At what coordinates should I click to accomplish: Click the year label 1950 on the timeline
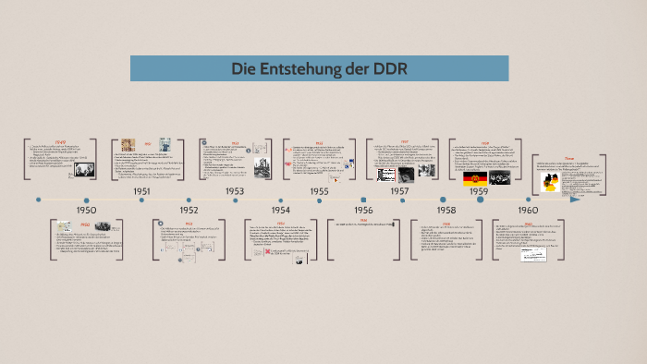(x=86, y=210)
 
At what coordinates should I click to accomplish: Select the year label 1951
(x=141, y=191)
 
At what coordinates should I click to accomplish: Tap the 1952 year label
(x=189, y=210)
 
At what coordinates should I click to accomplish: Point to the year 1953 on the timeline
(x=235, y=191)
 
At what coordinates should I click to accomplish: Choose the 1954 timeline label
(x=281, y=210)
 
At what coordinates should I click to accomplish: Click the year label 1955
(x=319, y=191)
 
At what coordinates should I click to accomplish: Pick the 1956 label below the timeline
(x=363, y=210)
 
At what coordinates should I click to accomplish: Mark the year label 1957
(x=399, y=191)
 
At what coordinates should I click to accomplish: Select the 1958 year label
(x=445, y=210)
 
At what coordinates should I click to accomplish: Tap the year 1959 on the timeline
(x=478, y=191)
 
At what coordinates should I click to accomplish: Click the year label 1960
(x=528, y=210)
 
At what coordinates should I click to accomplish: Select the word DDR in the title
(x=389, y=68)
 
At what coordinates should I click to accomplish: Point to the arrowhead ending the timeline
(x=575, y=199)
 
